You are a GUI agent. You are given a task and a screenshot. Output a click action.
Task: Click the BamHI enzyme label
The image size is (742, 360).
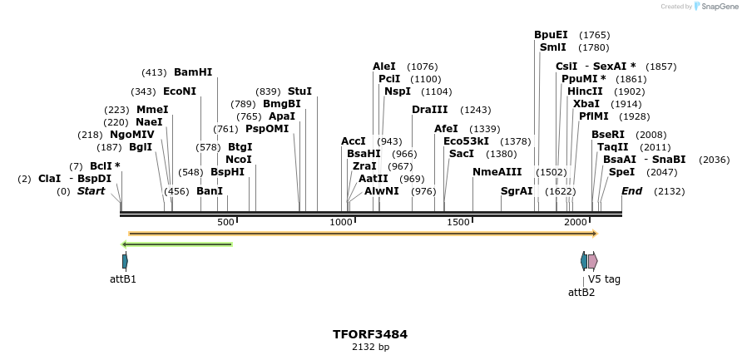(193, 72)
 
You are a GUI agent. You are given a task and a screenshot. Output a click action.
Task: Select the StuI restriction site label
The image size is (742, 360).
(299, 91)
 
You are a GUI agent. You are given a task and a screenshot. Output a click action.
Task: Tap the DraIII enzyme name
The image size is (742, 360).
(429, 110)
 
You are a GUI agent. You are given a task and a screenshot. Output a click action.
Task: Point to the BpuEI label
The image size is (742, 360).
(551, 35)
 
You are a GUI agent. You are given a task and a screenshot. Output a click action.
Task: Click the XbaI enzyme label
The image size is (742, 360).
(586, 104)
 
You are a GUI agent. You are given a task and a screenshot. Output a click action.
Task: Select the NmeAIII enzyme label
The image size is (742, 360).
(497, 172)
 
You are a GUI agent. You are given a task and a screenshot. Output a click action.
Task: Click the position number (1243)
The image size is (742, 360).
(476, 110)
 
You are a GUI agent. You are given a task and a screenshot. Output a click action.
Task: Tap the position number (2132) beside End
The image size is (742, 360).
(670, 191)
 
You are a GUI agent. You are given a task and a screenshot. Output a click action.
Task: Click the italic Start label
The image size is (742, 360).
(92, 191)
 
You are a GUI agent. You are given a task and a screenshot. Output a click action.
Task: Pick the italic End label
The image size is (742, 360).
(632, 191)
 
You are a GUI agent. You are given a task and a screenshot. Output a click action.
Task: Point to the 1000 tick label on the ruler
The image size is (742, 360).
(341, 223)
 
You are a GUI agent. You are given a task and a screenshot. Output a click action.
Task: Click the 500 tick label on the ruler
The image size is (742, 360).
(225, 223)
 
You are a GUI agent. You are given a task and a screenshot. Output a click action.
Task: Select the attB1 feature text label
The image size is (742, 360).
(123, 279)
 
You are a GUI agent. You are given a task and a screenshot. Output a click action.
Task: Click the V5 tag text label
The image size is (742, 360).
(604, 279)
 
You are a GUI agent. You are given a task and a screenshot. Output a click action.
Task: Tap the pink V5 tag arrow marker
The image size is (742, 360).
(593, 261)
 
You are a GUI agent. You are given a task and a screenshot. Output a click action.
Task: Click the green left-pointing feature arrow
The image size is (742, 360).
(176, 244)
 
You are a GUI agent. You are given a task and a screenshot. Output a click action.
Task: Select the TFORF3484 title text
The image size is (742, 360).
(370, 334)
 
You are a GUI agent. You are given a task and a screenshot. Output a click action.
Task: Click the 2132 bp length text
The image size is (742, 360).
(370, 348)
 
